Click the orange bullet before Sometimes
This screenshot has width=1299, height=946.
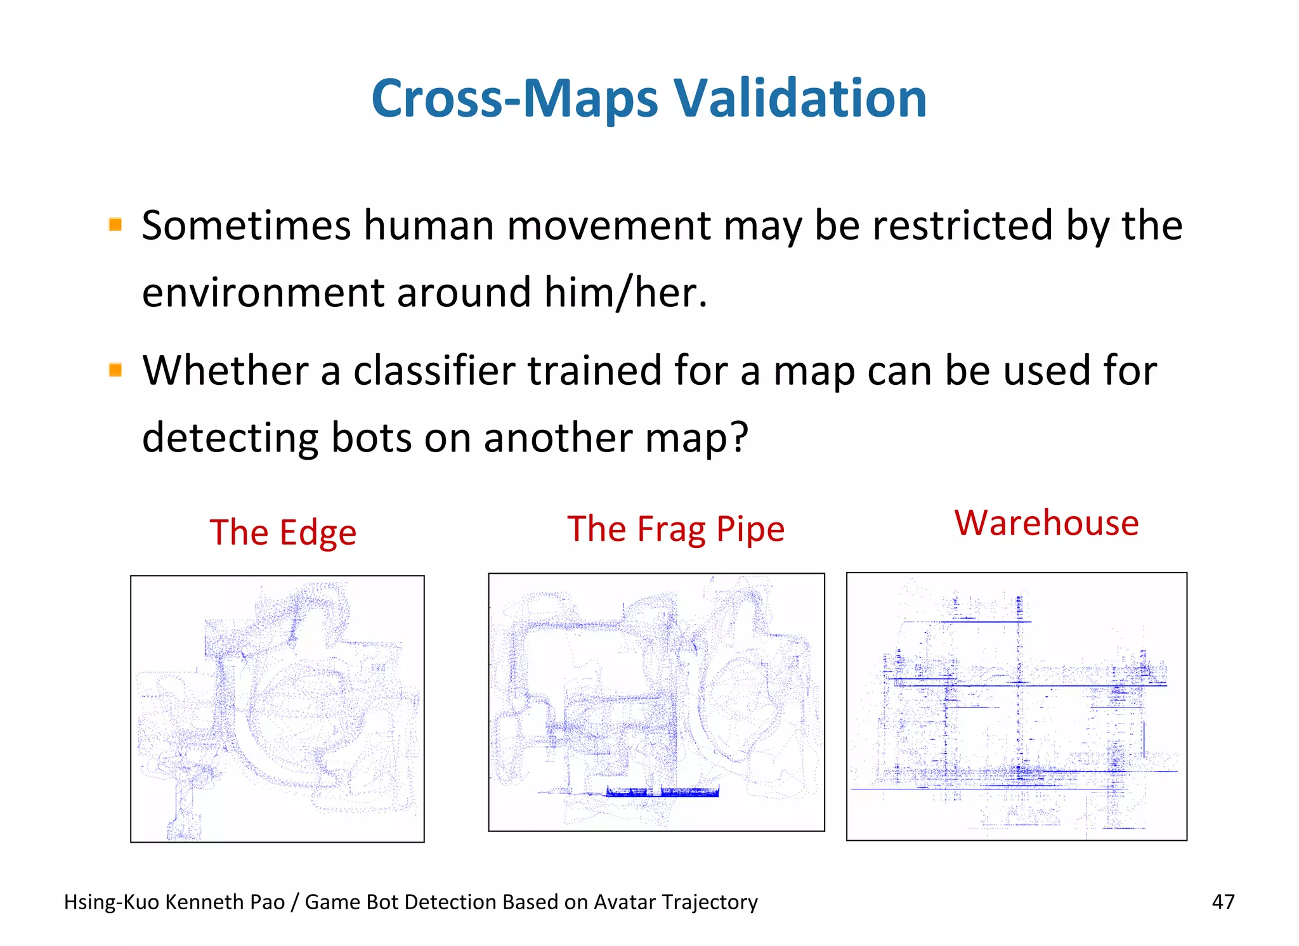tap(115, 224)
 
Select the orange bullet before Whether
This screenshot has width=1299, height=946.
tap(115, 369)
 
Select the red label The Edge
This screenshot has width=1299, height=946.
tap(283, 533)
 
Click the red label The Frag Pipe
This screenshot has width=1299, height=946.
tap(676, 529)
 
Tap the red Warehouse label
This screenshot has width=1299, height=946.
tap(1047, 523)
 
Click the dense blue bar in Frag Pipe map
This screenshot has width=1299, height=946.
tap(662, 791)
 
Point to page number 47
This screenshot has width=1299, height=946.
tap(1223, 902)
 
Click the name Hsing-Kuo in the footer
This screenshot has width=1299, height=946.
tap(111, 902)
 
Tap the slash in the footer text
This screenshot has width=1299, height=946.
tap(294, 902)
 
